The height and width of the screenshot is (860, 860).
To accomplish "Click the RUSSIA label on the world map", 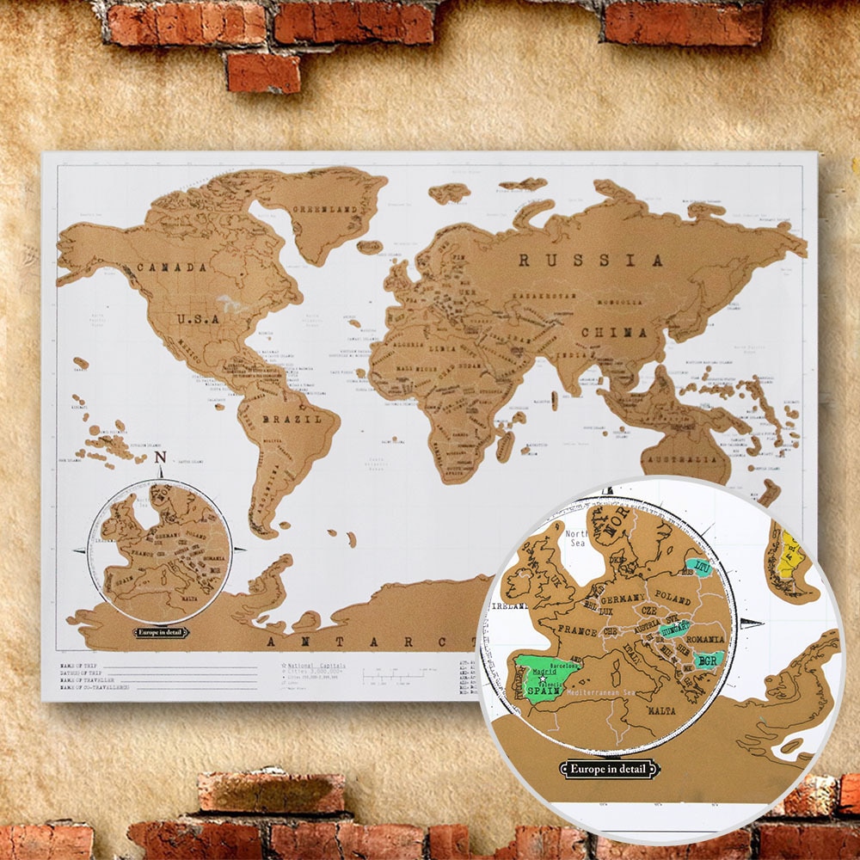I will (591, 259).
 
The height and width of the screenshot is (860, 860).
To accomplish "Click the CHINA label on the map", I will (613, 332).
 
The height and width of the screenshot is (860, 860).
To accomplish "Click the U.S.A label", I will (200, 318).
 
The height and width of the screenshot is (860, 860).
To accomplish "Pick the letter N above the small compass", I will (161, 459).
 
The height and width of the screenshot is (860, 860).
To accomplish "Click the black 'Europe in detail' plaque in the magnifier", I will (609, 768).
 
